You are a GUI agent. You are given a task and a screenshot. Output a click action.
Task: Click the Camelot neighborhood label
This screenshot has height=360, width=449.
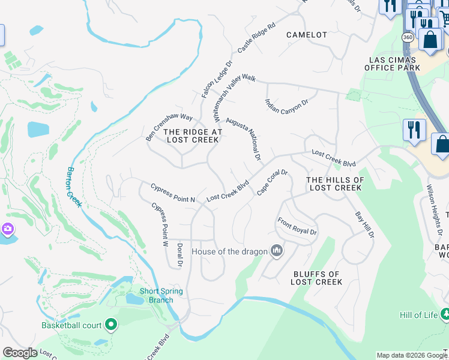(x=307, y=35)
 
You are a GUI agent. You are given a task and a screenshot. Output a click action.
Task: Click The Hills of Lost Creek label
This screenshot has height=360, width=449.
(x=335, y=184)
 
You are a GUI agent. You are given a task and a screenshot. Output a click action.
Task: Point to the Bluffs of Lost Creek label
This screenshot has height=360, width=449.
(x=318, y=278)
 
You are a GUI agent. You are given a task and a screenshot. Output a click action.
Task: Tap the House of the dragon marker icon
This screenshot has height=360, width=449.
(x=276, y=250)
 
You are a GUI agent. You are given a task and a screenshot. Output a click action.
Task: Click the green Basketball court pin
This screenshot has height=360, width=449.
(x=111, y=325)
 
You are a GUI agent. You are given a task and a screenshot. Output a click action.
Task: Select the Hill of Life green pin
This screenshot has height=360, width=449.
(x=445, y=314)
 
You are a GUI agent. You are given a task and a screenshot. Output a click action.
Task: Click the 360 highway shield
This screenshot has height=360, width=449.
(x=406, y=37)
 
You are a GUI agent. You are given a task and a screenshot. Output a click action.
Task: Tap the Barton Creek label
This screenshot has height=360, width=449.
(x=74, y=187)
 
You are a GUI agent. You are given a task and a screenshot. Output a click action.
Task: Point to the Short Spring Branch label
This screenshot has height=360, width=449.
(x=161, y=295)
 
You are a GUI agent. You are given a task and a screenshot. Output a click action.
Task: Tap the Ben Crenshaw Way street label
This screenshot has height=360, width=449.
(x=169, y=127)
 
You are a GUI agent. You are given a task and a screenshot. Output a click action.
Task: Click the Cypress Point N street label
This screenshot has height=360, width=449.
(x=173, y=192)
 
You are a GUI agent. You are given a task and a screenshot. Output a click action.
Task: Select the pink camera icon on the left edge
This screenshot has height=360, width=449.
(x=7, y=229)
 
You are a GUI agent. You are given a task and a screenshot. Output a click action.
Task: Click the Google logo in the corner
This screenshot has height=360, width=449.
(x=19, y=353)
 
